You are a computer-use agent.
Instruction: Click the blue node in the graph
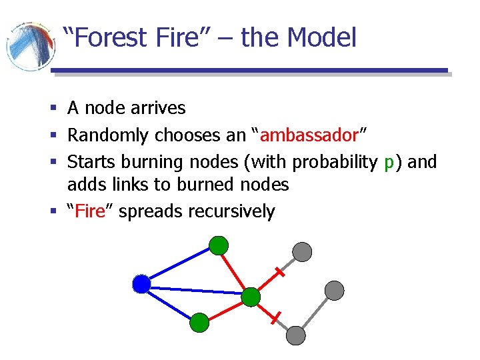pyautogui.click(x=141, y=285)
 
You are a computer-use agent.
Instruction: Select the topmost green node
pyautogui.click(x=218, y=245)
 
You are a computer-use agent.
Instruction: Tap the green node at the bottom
pyautogui.click(x=199, y=323)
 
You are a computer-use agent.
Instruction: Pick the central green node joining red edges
pyautogui.click(x=251, y=297)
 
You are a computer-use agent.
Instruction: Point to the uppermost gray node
pyautogui.click(x=303, y=251)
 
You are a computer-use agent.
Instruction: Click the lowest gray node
pyautogui.click(x=295, y=335)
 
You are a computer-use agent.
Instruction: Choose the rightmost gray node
pyautogui.click(x=334, y=290)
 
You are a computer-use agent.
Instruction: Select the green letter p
pyautogui.click(x=390, y=162)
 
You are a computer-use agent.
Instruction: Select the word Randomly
pyautogui.click(x=108, y=135)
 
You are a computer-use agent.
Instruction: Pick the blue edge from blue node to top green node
pyautogui.click(x=179, y=265)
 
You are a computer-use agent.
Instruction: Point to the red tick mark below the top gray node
pyautogui.click(x=279, y=273)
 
